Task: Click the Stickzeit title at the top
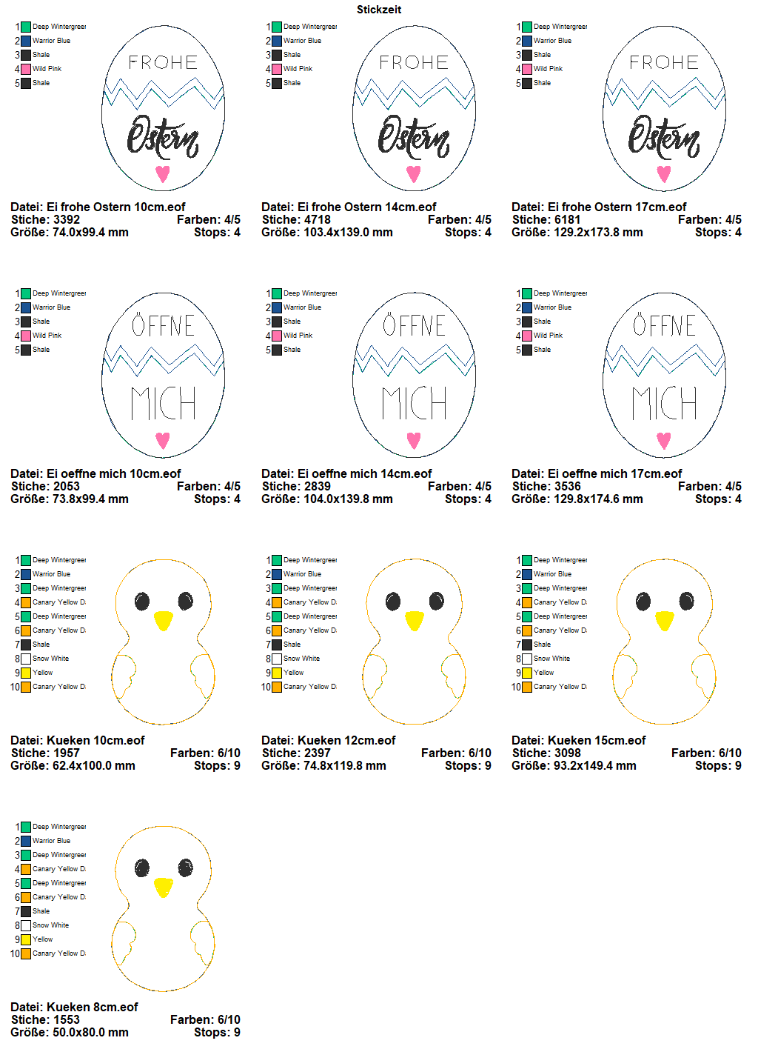379,10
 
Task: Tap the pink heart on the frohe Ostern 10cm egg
163,173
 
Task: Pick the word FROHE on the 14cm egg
414,62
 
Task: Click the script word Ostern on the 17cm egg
664,138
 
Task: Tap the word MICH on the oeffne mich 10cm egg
163,403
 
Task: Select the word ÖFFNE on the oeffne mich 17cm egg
664,324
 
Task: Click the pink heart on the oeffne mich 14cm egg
414,440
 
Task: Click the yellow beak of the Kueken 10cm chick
163,620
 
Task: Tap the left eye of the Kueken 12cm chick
393,602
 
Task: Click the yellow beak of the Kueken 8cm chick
163,887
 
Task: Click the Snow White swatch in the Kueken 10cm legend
26,659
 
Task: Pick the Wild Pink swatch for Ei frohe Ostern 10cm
26,69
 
